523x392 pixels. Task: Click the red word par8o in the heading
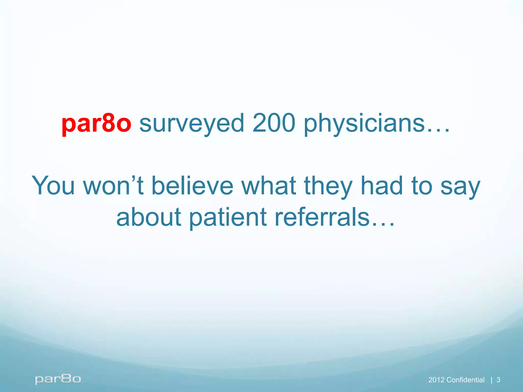(x=96, y=124)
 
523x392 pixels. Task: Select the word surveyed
(x=192, y=124)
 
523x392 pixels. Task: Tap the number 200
(x=274, y=124)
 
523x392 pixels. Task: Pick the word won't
(x=113, y=186)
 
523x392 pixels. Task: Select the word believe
(x=192, y=186)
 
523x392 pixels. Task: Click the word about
(x=149, y=217)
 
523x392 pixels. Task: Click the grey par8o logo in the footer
(x=58, y=379)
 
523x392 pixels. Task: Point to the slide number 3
(x=498, y=380)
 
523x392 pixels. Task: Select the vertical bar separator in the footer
(x=492, y=380)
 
